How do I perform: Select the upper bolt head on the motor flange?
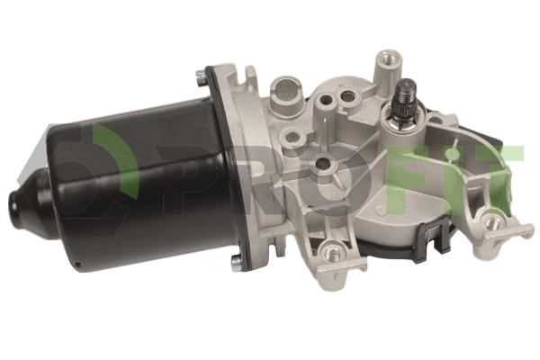tap(200, 78)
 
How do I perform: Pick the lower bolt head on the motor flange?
tap(237, 263)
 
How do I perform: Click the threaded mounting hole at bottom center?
tap(331, 254)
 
